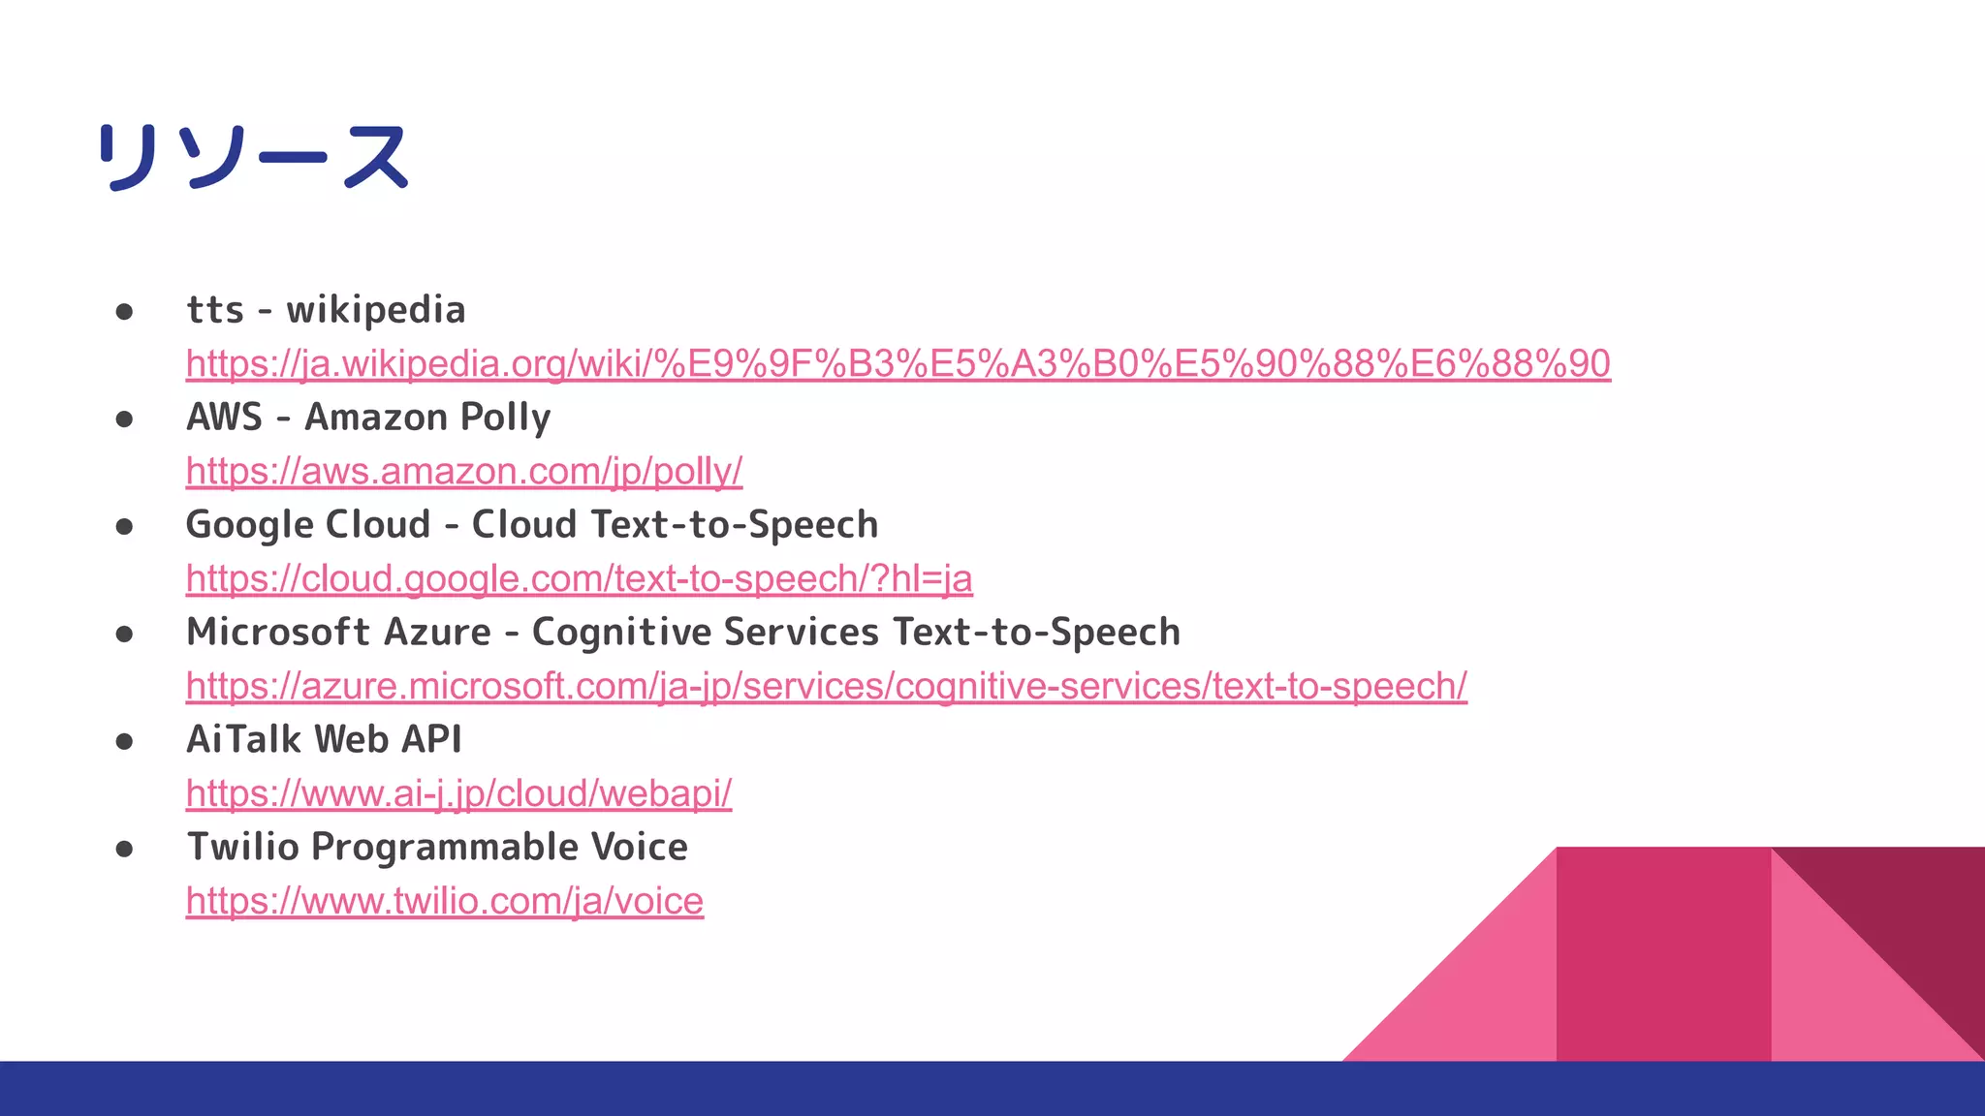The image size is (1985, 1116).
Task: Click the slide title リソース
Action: tap(254, 157)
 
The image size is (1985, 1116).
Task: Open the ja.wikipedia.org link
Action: tap(898, 364)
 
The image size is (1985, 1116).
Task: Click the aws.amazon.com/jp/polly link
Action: tap(464, 472)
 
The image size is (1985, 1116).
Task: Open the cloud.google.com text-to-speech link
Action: tap(579, 579)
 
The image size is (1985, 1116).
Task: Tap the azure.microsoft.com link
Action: tap(826, 687)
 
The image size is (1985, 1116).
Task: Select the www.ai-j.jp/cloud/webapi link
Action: tap(458, 794)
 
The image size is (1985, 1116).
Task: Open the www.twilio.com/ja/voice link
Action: tap(444, 902)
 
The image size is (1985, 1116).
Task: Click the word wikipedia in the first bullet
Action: tap(376, 311)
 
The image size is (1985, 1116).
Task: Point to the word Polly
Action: tap(505, 418)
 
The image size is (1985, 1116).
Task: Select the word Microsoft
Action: tap(277, 633)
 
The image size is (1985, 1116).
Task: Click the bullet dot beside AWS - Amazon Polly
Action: tap(124, 419)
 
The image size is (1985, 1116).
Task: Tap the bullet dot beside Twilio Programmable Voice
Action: tap(124, 850)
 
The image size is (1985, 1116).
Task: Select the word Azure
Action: tap(437, 633)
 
